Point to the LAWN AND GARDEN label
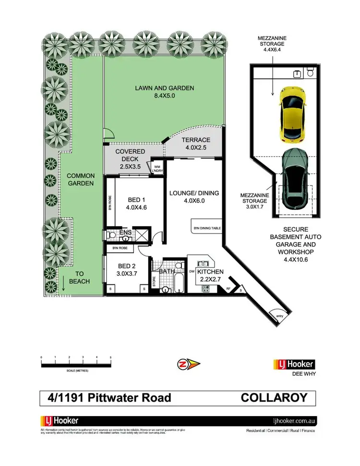(x=164, y=92)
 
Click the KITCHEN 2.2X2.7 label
(x=209, y=275)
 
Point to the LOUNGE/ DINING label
(x=194, y=197)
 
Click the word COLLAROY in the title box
(x=272, y=398)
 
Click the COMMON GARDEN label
(x=80, y=179)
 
